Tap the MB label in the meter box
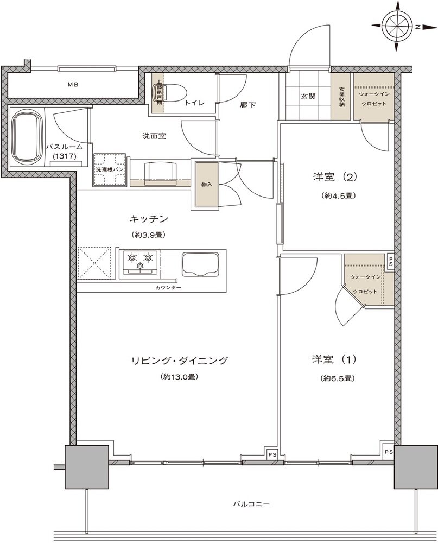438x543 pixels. [73, 85]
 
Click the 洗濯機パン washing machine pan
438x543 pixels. [111, 170]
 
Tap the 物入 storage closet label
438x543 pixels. [206, 185]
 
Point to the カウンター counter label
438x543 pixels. [168, 287]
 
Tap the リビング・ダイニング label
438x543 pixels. [179, 361]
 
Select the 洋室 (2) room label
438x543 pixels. [334, 177]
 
